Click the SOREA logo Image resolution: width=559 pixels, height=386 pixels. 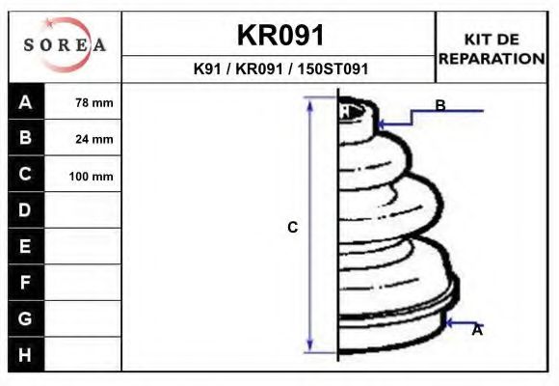tap(65, 44)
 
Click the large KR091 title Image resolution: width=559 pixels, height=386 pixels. tap(280, 35)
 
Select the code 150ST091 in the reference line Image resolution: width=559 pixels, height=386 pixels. tap(333, 69)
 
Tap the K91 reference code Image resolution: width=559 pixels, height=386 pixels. tap(207, 69)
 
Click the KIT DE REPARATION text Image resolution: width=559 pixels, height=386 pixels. tap(492, 49)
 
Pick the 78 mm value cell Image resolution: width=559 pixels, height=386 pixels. tap(83, 102)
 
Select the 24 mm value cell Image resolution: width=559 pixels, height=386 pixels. tap(83, 138)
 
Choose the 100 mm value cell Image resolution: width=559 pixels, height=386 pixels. tap(83, 175)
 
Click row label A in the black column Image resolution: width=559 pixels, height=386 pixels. tap(25, 102)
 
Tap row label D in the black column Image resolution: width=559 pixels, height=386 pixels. tap(25, 210)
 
